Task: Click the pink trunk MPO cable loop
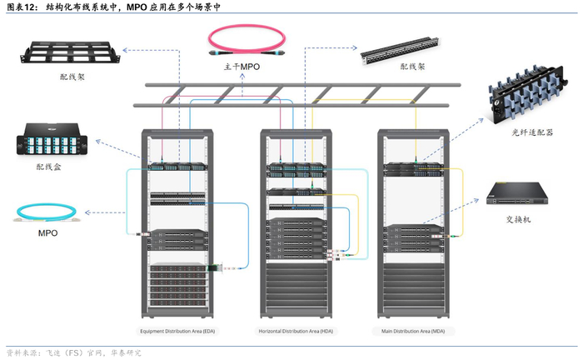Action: (242, 38)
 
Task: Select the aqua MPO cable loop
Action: (47, 212)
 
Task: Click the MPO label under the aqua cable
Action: (47, 233)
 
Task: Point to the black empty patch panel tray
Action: (70, 52)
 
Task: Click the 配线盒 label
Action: (48, 167)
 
